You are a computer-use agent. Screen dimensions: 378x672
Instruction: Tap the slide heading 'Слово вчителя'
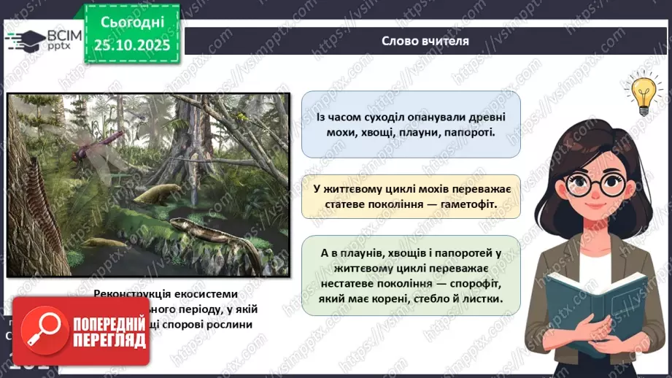[425, 41]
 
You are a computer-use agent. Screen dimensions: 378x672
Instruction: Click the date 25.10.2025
[131, 45]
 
